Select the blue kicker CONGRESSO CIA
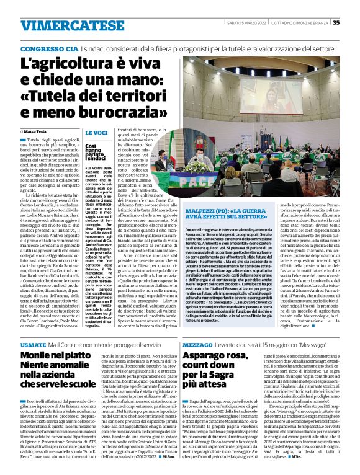pos(49,48)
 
